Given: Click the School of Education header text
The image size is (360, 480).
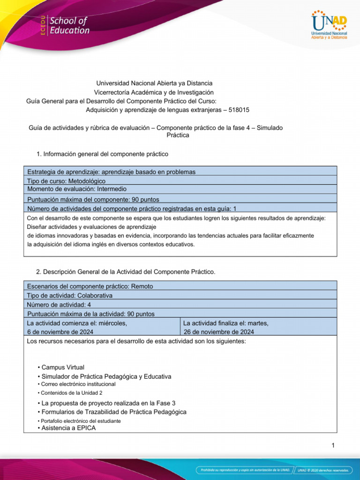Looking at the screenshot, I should [69, 25].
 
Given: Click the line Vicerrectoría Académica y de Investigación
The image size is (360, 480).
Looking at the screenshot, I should [154, 92].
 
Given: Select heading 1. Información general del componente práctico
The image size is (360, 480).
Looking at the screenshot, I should [102, 154].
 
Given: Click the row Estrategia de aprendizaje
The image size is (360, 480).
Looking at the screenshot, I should [112, 172].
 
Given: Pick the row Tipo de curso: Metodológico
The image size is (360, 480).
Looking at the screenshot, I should [67, 180].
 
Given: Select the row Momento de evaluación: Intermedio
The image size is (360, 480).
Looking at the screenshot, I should [77, 189].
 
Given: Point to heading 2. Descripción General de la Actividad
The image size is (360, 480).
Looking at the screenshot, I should [125, 272].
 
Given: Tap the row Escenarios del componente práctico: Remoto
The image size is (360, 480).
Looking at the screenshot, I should [90, 286].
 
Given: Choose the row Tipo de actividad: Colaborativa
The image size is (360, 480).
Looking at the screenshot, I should [70, 295].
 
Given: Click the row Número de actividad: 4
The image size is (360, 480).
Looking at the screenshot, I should [59, 305].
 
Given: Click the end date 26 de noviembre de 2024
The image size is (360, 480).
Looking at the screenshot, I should [219, 332].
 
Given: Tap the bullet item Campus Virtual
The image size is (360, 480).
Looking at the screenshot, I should [63, 367].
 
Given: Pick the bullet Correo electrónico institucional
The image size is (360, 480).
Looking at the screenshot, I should [78, 384].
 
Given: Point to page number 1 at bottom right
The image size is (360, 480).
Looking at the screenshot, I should [333, 445].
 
